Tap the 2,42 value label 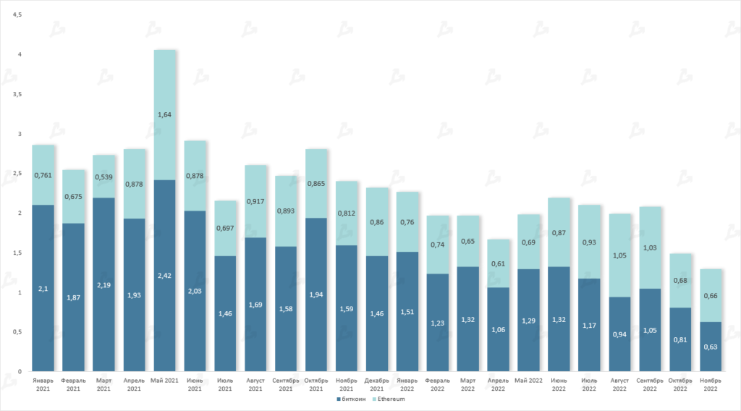[165, 275]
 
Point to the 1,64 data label [165, 114]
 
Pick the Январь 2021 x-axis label [43, 384]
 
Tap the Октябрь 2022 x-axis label [680, 384]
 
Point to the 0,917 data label [256, 200]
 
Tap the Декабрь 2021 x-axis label [377, 384]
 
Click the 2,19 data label [104, 275]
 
